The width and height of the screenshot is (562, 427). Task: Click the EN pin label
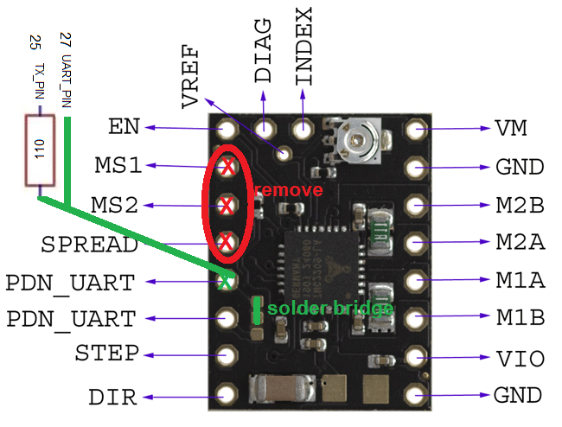(125, 127)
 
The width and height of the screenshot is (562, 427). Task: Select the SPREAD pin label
(89, 245)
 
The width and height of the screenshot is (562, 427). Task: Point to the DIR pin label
(112, 397)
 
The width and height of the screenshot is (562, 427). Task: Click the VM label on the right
(512, 129)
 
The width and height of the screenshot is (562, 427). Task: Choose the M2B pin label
(520, 205)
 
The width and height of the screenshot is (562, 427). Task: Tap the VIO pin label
(519, 358)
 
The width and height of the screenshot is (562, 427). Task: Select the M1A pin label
(520, 280)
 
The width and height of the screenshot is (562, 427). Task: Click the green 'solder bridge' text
(330, 309)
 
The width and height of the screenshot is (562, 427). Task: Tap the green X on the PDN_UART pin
(227, 281)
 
